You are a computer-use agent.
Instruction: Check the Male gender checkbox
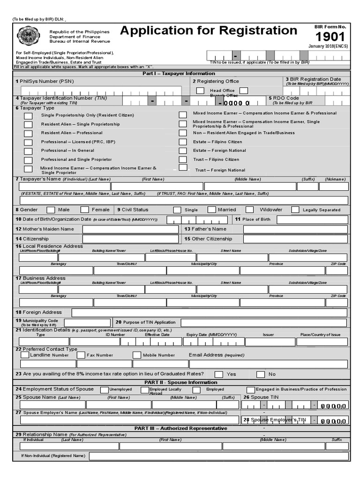(51, 210)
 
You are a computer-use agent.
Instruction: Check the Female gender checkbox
(85, 210)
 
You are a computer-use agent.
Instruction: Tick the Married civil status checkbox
(212, 210)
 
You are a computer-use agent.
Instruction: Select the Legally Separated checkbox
(295, 210)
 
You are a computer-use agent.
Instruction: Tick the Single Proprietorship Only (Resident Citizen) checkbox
(29, 115)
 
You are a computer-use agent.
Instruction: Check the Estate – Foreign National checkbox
(183, 150)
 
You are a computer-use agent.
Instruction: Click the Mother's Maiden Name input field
(130, 229)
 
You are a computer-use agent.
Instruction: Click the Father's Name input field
(296, 229)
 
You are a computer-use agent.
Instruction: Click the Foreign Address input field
(209, 313)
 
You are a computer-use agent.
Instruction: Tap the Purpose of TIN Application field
(264, 322)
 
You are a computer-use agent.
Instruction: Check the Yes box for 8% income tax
(219, 374)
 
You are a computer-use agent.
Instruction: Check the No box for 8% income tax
(261, 374)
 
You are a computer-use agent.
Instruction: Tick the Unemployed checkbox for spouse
(104, 390)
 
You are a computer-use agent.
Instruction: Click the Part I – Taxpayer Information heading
(179, 74)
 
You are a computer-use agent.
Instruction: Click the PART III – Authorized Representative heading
(180, 428)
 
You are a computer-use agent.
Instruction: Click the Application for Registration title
(209, 31)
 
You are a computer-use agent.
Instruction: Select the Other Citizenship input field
(296, 239)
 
